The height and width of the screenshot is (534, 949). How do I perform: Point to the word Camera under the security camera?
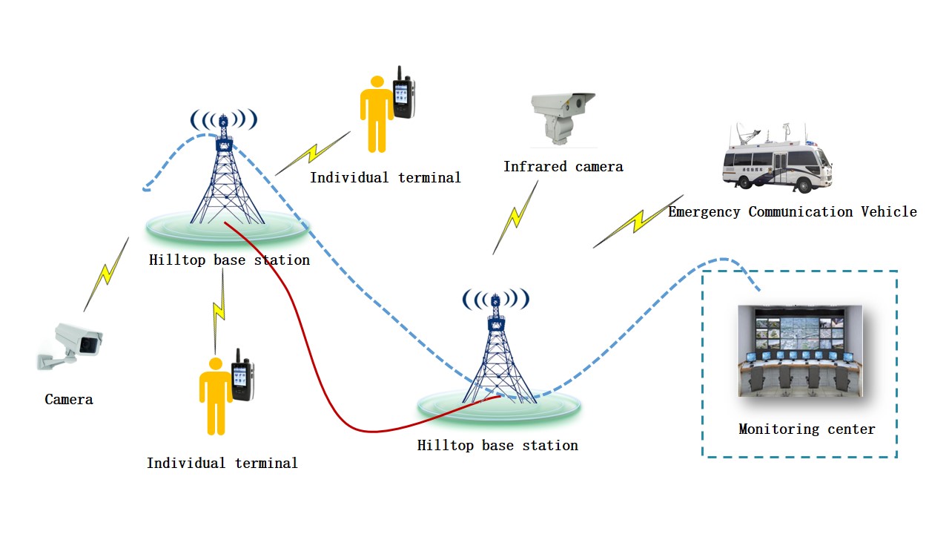(x=69, y=400)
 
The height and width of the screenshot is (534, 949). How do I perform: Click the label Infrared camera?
(x=563, y=167)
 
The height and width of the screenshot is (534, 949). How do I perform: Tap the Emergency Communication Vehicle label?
(x=792, y=212)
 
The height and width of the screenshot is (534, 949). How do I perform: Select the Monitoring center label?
(x=807, y=429)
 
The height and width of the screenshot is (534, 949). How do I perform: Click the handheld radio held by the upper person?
(x=403, y=95)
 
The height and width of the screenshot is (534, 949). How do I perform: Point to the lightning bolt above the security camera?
(x=107, y=274)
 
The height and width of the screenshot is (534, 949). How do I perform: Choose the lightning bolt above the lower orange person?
(x=219, y=310)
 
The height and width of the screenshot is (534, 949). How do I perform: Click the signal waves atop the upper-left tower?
(x=223, y=119)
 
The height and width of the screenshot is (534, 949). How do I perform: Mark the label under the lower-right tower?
(x=497, y=446)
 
